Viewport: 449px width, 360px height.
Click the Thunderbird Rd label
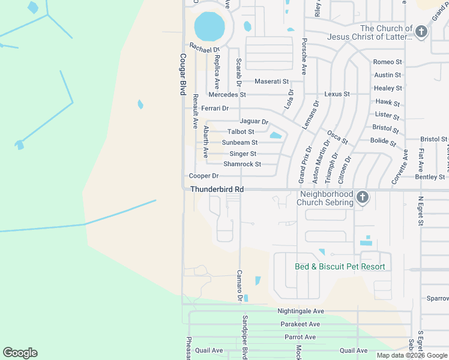[x=217, y=189]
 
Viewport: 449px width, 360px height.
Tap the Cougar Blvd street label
[x=182, y=74]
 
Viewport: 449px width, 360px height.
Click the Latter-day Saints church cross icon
[x=421, y=31]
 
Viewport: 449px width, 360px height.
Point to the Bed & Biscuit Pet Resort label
[x=340, y=266]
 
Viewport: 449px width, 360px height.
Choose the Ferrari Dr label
[x=215, y=109]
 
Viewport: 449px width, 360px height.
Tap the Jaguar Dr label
[x=254, y=122]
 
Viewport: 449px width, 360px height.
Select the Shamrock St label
[x=242, y=164]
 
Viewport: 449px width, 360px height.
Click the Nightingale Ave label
[x=301, y=311]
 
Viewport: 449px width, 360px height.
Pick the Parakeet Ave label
[x=300, y=324]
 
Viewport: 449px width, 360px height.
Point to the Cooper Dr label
[x=203, y=176]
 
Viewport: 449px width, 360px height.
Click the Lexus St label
[x=337, y=94]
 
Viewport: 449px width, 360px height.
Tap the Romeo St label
[x=387, y=62]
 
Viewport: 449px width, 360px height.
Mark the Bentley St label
[x=430, y=177]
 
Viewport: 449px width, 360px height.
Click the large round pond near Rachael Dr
[x=209, y=26]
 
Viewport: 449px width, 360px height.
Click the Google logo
[x=20, y=353]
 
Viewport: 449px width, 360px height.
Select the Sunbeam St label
[x=240, y=143]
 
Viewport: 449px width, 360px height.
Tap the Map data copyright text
[x=412, y=355]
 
